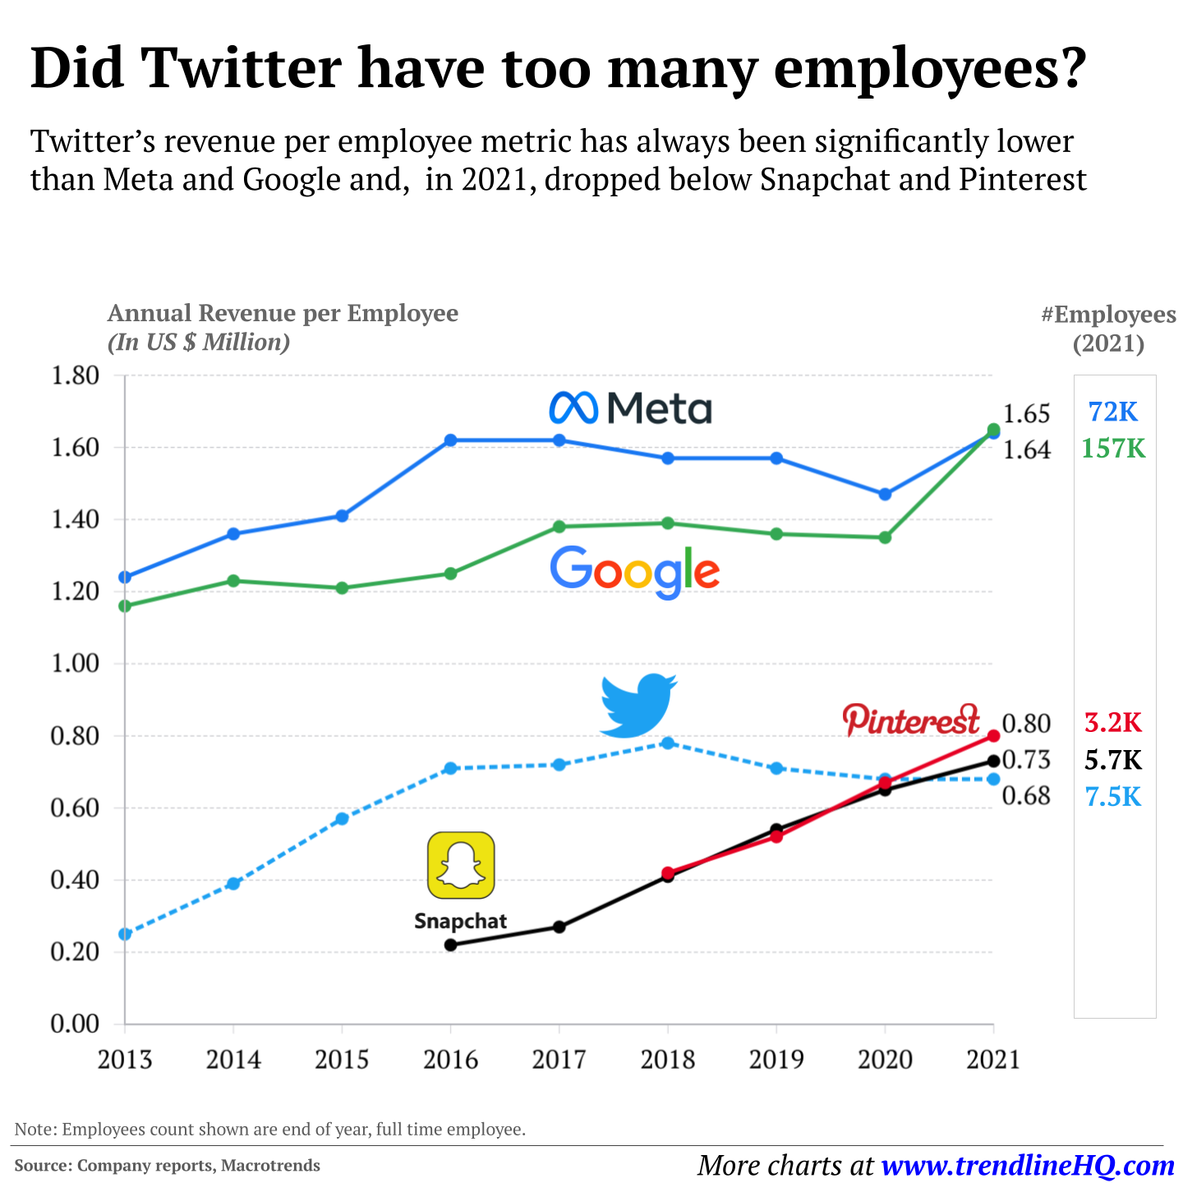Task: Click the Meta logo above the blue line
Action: click(630, 407)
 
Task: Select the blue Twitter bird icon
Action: click(638, 705)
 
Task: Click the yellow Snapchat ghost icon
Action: click(461, 865)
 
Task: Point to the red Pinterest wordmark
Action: click(911, 720)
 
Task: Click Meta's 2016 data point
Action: click(450, 440)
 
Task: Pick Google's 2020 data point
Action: click(885, 537)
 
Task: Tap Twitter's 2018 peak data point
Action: click(668, 743)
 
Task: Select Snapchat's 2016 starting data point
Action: click(450, 945)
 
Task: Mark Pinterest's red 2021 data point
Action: click(993, 735)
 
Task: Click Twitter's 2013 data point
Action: click(125, 934)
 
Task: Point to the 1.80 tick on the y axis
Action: click(76, 376)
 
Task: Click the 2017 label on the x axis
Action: click(559, 1060)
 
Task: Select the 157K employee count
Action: click(1113, 449)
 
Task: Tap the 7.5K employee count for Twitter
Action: click(1113, 797)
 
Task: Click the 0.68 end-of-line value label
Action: click(1026, 796)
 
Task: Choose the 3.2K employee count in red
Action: click(1113, 723)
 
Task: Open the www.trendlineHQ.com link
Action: click(1028, 1165)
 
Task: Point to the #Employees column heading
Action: click(1108, 315)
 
